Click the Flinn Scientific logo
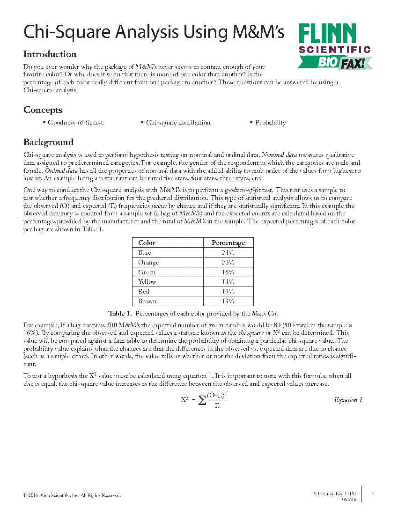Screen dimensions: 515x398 point(334,46)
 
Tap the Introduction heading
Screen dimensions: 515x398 point(50,54)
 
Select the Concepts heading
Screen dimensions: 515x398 point(43,110)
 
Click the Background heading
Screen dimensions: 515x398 point(49,142)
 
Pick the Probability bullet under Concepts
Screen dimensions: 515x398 point(270,123)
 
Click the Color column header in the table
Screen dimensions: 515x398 point(147,243)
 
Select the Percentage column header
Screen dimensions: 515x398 point(228,243)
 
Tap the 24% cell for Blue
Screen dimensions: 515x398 point(228,252)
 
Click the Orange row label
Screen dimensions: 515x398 point(148,262)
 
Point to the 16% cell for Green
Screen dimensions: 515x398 point(228,272)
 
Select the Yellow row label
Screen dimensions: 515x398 point(147,282)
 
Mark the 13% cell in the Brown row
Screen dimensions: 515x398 point(228,301)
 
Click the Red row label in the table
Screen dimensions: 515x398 point(144,291)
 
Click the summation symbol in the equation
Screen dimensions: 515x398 point(202,400)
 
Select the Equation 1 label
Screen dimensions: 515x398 point(348,399)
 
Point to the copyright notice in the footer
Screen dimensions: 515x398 point(72,495)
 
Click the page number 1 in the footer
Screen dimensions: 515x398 point(373,495)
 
